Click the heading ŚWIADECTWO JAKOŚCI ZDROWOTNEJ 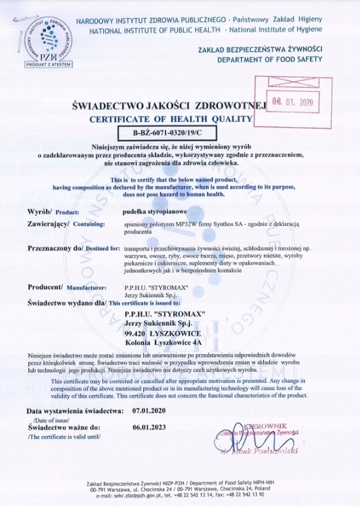point(168,105)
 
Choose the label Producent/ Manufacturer point(66,287)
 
